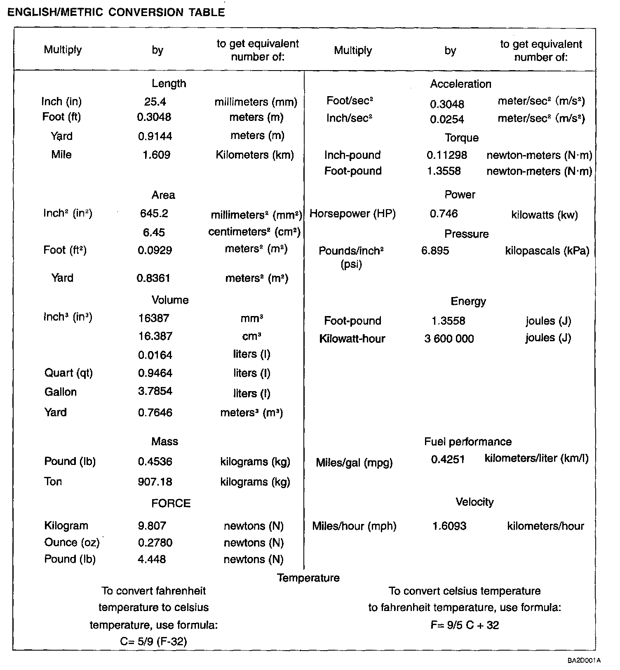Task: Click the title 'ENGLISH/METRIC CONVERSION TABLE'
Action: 116,12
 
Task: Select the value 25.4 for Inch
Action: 155,102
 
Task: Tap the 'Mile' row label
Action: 61,155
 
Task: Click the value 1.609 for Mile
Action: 156,155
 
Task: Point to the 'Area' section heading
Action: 163,195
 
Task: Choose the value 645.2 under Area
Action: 154,214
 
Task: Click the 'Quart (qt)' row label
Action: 68,373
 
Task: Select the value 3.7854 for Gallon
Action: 155,391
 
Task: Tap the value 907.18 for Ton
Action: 155,482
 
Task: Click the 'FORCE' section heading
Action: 171,504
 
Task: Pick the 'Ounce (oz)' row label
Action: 72,543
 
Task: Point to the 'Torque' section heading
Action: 461,138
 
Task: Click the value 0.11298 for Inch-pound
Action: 447,156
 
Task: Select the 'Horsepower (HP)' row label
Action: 352,214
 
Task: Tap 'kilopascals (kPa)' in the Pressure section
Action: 547,251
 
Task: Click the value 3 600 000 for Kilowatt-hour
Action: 449,339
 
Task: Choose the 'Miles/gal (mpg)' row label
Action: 354,463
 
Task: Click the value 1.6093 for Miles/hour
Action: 449,526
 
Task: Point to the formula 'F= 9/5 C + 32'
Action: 465,625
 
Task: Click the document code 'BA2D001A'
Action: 584,661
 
